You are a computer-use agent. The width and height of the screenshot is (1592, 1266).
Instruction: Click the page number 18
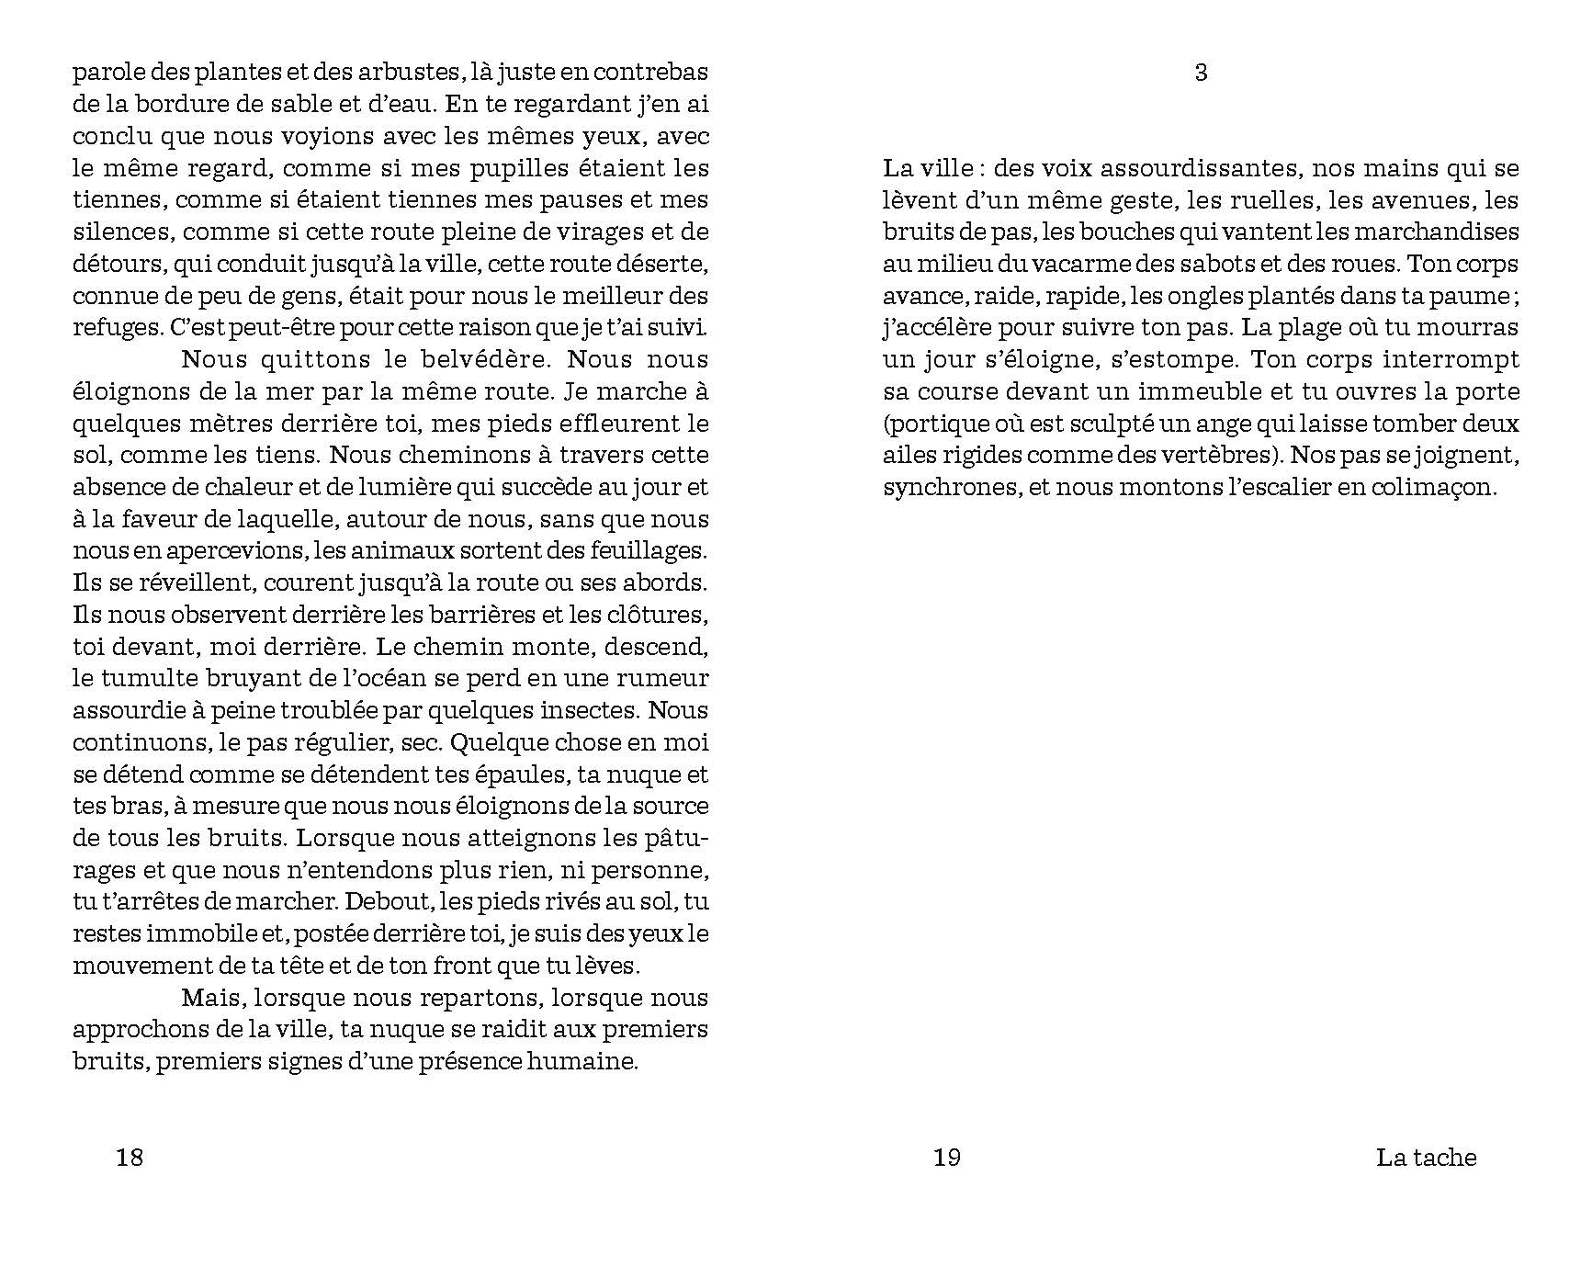pyautogui.click(x=130, y=1157)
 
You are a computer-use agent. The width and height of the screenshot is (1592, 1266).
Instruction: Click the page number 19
pyautogui.click(x=946, y=1157)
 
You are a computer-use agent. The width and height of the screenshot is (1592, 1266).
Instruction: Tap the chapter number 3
pyautogui.click(x=1201, y=73)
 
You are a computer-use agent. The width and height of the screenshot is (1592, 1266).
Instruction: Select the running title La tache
pyautogui.click(x=1426, y=1157)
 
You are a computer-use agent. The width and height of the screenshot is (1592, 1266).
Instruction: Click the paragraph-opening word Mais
pyautogui.click(x=212, y=997)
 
